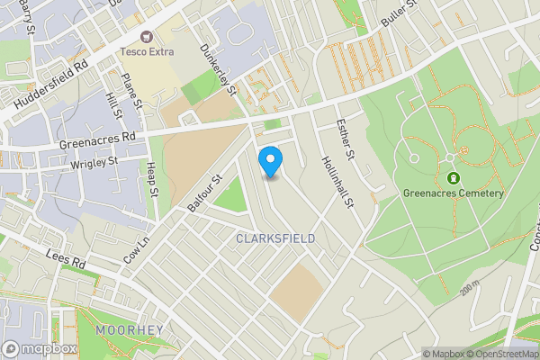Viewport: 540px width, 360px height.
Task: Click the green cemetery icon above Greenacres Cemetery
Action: pos(453,177)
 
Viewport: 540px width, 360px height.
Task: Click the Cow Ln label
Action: pos(136,249)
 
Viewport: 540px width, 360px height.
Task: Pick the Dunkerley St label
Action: pos(218,70)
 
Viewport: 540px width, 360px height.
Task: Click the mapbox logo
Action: pos(40,348)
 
